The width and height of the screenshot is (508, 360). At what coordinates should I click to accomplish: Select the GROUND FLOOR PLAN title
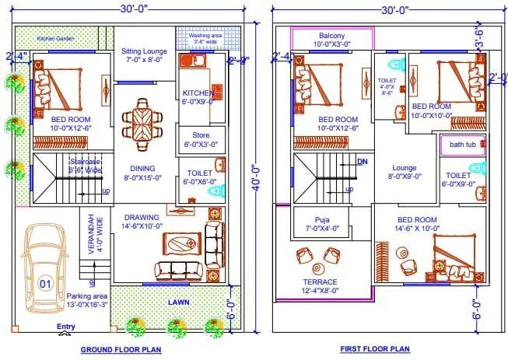coord(121,350)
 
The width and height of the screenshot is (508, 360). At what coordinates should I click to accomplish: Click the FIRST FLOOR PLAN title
coord(374,350)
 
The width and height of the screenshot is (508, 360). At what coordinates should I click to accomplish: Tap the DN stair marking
coord(361,162)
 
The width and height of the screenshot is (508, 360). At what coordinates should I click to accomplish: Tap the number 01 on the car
coord(45,285)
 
